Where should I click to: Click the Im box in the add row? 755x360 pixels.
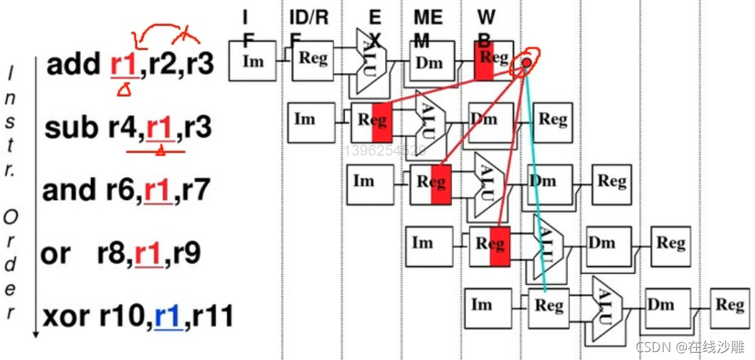[x=252, y=61]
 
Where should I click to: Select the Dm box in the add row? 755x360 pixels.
[x=429, y=62]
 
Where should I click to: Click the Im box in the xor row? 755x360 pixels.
[x=483, y=305]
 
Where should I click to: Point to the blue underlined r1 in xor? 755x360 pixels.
[x=166, y=316]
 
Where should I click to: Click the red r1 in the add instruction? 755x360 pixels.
[x=123, y=65]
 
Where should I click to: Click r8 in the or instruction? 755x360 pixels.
[x=113, y=253]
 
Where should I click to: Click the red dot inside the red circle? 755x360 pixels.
[x=527, y=63]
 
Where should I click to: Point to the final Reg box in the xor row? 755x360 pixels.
[x=729, y=305]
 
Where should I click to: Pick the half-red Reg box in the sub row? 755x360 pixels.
[x=372, y=121]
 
